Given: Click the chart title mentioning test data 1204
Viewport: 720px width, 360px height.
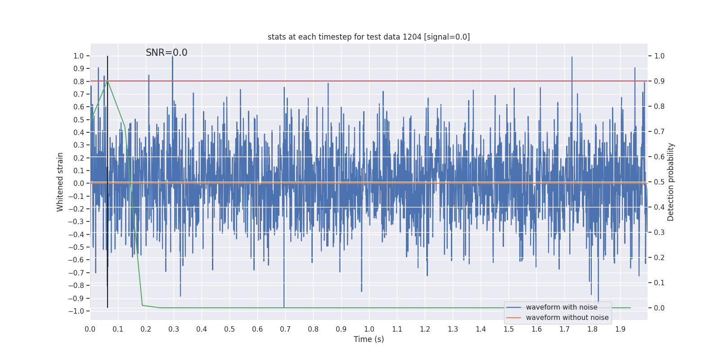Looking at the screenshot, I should tap(369, 37).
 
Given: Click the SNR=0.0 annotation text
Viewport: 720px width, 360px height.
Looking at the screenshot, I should tap(166, 53).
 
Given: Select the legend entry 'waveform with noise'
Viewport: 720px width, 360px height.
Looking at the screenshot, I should tap(562, 307).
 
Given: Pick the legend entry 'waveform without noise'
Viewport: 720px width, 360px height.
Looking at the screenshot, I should tap(567, 318).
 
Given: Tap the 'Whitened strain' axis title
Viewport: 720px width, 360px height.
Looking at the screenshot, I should tap(60, 182).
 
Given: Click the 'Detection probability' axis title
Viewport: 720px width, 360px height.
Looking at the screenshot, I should tap(671, 182).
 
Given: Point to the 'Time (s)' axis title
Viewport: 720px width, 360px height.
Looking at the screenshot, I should tap(369, 339).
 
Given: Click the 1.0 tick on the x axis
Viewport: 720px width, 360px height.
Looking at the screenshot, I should tap(369, 329).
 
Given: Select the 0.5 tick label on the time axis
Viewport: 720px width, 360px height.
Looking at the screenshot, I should tap(229, 329).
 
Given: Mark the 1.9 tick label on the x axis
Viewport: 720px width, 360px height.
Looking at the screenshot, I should tap(620, 329).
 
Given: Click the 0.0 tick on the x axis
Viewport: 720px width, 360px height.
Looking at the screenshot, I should tap(90, 329).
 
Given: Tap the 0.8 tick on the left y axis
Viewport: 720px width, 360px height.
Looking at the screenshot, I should tap(79, 81).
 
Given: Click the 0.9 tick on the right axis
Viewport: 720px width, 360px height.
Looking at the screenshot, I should tap(659, 81).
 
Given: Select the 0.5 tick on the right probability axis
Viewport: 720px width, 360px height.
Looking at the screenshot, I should tap(659, 182).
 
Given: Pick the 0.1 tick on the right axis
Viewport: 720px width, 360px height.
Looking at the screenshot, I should tap(659, 283).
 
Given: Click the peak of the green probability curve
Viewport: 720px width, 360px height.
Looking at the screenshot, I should tap(107, 81).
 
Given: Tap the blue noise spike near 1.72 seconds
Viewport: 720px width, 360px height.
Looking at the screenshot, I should tap(572, 58).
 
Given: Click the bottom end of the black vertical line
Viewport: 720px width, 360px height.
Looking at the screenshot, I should tap(108, 307).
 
